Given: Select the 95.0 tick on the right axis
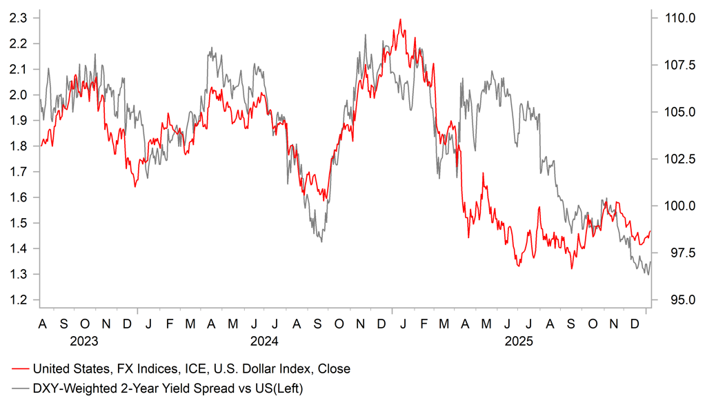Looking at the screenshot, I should [674, 300].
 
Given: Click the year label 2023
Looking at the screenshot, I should [84, 341].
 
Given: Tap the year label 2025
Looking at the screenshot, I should [519, 341].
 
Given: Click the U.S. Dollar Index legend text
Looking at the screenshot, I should [191, 369].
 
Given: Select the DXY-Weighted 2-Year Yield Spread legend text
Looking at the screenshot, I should [168, 389].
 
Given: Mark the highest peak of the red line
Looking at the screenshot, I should [400, 20].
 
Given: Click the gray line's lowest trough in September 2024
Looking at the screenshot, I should [321, 240].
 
